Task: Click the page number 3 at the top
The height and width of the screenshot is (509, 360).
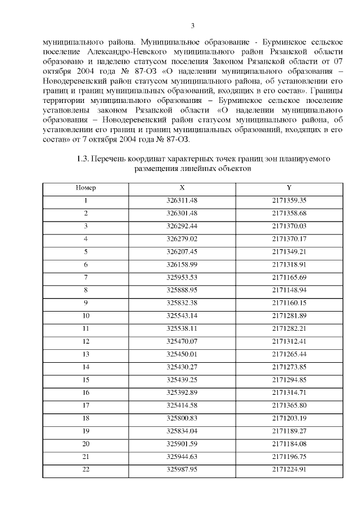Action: [x=192, y=25]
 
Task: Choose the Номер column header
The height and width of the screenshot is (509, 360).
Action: [x=85, y=187]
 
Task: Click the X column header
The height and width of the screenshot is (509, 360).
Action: [x=182, y=187]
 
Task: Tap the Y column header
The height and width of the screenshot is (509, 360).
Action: [x=289, y=187]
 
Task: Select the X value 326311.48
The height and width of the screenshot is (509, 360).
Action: [x=182, y=200]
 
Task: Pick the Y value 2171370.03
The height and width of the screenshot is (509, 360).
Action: [x=289, y=226]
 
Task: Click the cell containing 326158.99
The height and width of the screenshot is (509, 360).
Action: [x=182, y=264]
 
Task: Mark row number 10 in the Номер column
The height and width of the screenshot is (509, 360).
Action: [x=85, y=315]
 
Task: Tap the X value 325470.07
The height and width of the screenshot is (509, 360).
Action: [x=182, y=340]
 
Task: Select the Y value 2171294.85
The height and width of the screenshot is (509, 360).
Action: [x=289, y=379]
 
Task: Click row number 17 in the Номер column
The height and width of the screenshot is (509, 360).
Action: [x=85, y=404]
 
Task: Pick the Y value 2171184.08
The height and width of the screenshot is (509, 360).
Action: [x=289, y=443]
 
